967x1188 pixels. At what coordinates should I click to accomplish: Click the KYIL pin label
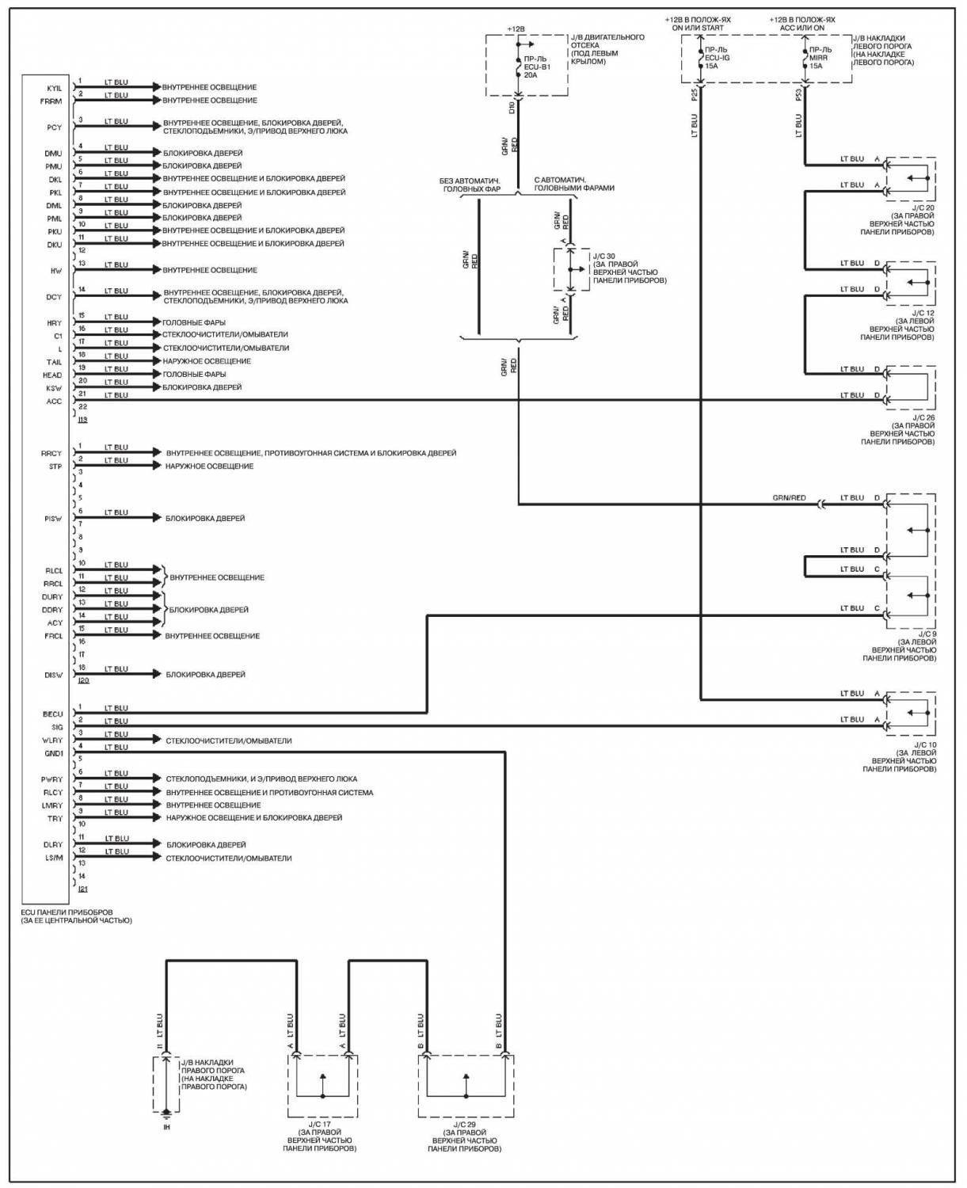click(55, 88)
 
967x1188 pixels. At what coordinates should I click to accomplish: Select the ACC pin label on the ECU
click(54, 402)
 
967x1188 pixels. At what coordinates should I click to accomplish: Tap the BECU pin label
click(53, 714)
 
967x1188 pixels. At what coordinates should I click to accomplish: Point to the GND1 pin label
click(54, 753)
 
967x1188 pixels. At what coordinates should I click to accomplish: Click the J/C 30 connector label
click(604, 256)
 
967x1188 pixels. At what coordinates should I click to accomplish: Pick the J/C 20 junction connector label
click(923, 208)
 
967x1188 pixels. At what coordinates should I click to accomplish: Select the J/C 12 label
click(923, 313)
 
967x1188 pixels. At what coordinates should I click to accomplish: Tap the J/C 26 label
click(923, 417)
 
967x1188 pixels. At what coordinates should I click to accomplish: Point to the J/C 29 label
click(466, 1123)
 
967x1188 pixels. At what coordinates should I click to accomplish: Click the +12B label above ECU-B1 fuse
click(516, 29)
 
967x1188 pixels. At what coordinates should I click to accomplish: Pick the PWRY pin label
click(52, 779)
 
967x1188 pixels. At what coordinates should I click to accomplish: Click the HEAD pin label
click(53, 375)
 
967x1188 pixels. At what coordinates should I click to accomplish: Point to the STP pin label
click(55, 466)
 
